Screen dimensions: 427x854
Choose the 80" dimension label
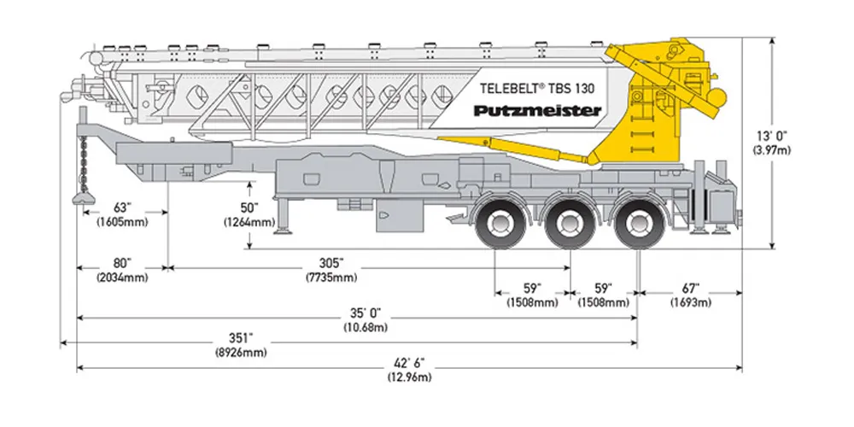(x=123, y=263)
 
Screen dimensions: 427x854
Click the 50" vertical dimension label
(x=249, y=208)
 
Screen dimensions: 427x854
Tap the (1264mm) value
(x=249, y=223)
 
